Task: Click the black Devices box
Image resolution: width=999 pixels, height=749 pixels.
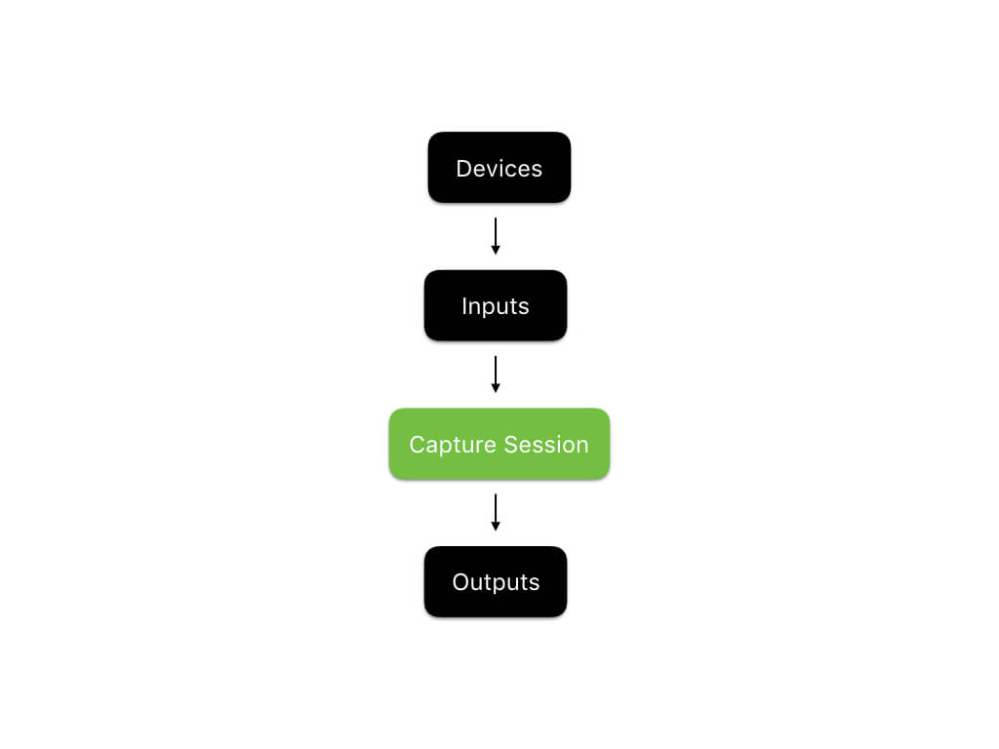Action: click(x=499, y=168)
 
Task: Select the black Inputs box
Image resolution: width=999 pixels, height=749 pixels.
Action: click(x=495, y=305)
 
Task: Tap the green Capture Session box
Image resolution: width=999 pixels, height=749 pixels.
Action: click(x=499, y=444)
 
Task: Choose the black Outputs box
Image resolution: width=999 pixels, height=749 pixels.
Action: click(x=495, y=581)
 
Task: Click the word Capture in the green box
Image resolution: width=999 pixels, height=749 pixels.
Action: click(x=447, y=445)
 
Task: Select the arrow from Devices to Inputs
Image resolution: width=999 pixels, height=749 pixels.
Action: click(x=496, y=235)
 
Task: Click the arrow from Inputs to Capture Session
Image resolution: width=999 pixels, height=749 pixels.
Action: click(x=496, y=374)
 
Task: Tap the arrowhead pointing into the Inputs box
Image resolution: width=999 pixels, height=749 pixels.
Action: click(x=496, y=251)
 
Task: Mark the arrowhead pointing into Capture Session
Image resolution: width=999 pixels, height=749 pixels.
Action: click(x=496, y=388)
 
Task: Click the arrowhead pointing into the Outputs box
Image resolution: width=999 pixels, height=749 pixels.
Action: click(x=496, y=527)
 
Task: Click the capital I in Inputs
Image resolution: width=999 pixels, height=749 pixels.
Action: click(x=464, y=306)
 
